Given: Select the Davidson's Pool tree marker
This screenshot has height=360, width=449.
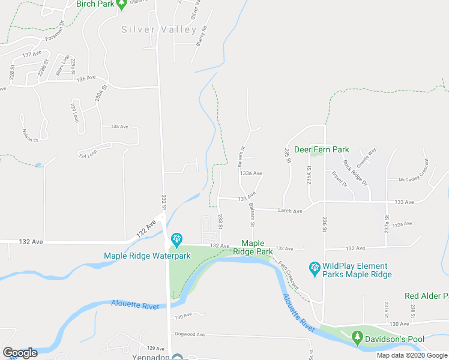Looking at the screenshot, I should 358,337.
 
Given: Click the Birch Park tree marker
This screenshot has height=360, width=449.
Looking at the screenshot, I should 122,5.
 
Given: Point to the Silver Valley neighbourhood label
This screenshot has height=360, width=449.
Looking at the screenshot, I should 159,29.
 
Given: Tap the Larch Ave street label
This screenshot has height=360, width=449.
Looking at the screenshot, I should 289,211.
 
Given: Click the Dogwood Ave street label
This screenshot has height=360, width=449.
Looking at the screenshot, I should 188,334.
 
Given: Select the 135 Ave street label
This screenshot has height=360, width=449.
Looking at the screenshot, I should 119,127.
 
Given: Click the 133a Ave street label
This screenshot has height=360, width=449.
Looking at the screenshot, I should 251,173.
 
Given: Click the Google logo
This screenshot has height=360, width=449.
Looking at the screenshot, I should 20,353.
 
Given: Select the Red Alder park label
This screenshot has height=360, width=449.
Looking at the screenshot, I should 426,296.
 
